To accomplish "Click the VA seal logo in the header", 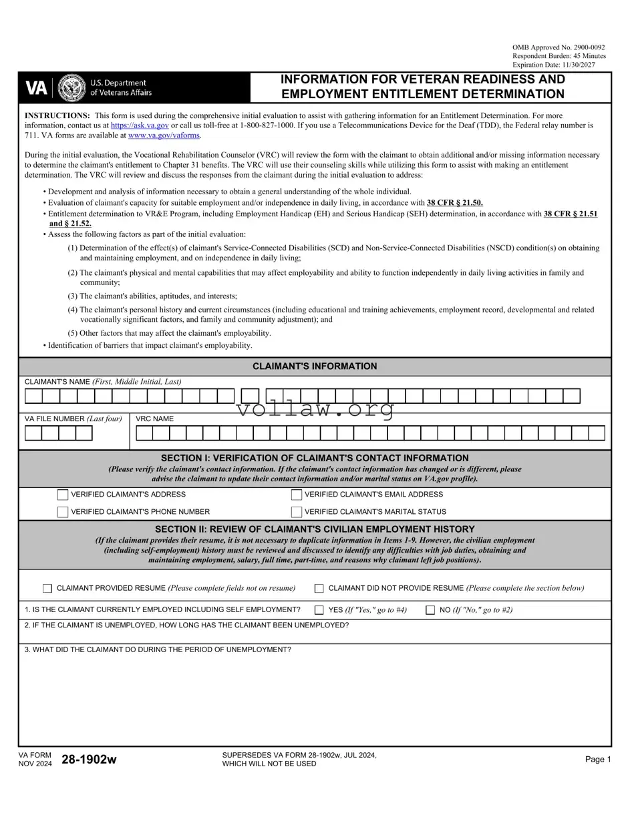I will [72, 87].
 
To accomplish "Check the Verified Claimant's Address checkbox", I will [63, 495].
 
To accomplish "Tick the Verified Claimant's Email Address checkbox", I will [297, 495].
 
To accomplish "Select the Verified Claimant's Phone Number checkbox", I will [63, 512].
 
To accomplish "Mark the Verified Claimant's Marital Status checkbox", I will [297, 512].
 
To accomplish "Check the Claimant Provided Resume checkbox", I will [47, 588].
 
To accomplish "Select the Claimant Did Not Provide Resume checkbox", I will [319, 588].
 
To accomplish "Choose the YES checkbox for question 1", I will [319, 609].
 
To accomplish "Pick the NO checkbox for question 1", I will [430, 609].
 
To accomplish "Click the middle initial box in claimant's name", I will [250, 396].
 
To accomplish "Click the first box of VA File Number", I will [33, 433].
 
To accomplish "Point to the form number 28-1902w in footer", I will [89, 760].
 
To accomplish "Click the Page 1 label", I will [598, 760].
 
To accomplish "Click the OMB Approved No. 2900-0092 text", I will [559, 47].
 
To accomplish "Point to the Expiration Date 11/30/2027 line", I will [559, 65].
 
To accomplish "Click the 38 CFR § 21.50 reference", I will [454, 202].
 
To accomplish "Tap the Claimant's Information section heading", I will [315, 366].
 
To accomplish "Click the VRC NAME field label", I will [154, 419].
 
